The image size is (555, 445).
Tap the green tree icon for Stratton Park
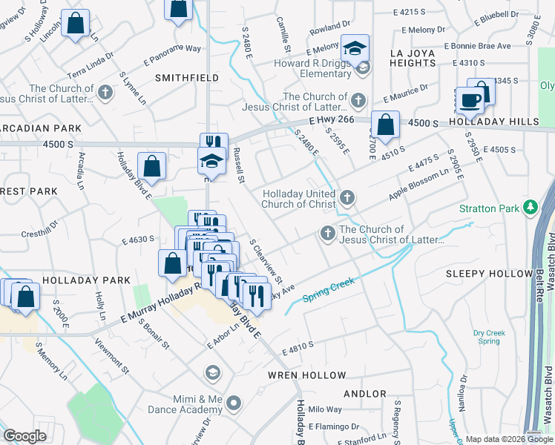point(531,208)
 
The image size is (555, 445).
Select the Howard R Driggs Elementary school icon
point(355,50)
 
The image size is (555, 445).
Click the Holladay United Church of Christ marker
point(347,197)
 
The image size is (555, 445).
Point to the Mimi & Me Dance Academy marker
point(234,403)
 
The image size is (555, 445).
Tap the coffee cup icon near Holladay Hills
point(470,99)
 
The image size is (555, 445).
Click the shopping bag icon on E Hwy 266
point(385,125)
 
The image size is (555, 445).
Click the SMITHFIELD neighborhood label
point(186,78)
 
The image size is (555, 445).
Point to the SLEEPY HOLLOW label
point(489,274)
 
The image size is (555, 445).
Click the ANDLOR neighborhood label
point(364,394)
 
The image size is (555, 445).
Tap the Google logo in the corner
point(25,436)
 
